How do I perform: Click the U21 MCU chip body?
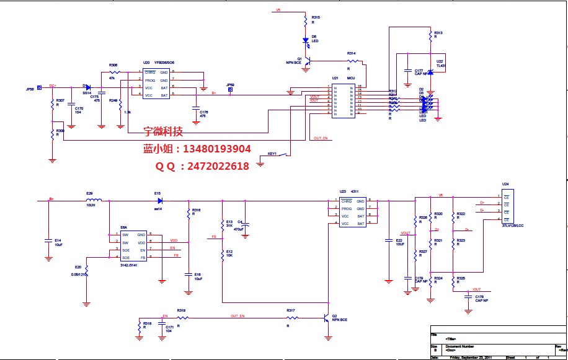point(342,100)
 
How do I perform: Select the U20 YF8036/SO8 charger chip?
point(156,84)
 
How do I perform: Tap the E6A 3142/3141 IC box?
point(133,246)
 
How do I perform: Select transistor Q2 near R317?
point(326,318)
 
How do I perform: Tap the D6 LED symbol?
point(306,41)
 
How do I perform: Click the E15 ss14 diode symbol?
point(159,200)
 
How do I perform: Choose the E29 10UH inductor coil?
point(94,200)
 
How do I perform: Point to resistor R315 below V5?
point(306,21)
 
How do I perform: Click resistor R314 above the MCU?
point(353,61)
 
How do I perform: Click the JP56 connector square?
point(40,88)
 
